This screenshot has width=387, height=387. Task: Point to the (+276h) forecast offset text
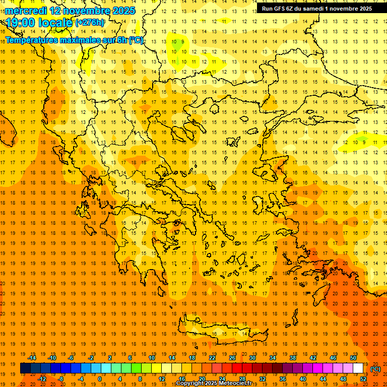click(x=91, y=23)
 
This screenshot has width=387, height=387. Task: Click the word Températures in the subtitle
click(x=30, y=40)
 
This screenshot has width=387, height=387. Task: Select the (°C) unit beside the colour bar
click(x=375, y=369)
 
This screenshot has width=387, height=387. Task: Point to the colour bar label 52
click(x=363, y=379)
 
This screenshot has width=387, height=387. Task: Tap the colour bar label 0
click(x=99, y=379)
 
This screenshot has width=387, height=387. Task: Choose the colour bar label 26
click(x=232, y=358)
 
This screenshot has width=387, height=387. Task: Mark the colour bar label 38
click(x=293, y=358)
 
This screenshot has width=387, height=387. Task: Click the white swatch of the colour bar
click(x=358, y=368)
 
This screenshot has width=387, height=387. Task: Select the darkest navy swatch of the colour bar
click(x=25, y=368)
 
